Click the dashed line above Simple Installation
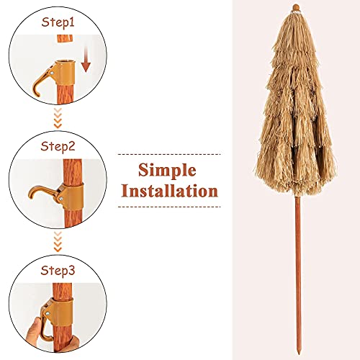[168, 154]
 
